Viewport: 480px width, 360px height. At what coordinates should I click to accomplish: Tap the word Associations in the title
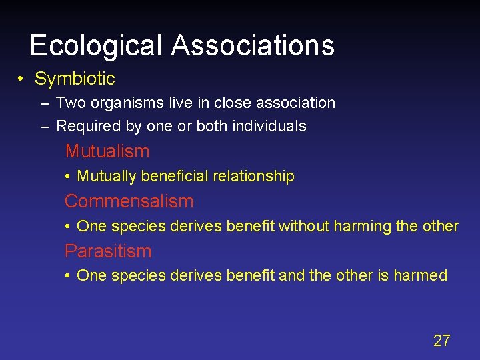click(253, 45)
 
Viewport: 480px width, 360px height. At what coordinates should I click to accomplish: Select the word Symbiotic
click(75, 79)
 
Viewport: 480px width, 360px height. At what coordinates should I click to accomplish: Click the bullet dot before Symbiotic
click(22, 79)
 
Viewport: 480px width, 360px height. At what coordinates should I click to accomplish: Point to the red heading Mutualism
click(107, 151)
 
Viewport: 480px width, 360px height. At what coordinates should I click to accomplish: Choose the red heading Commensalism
click(129, 201)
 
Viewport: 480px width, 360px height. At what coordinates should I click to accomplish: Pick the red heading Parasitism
click(108, 251)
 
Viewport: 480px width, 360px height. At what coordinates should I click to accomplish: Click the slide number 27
click(441, 341)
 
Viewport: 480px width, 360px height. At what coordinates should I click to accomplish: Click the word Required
click(85, 126)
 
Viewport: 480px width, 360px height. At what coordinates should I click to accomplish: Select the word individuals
click(269, 126)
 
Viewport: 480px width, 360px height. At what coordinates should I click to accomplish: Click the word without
click(304, 226)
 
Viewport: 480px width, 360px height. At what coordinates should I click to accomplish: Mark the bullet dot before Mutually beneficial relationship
click(69, 177)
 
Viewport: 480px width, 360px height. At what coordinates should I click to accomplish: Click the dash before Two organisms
click(44, 103)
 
